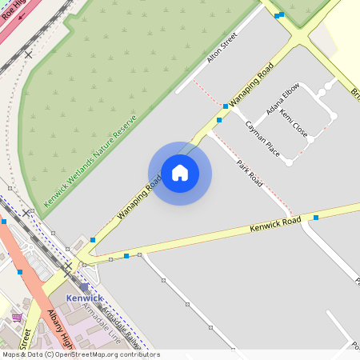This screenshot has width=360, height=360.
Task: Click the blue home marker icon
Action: click(x=180, y=173)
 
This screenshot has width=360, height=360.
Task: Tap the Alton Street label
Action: click(x=223, y=49)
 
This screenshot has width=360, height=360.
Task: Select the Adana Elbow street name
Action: click(x=284, y=98)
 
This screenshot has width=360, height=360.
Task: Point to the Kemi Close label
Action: click(x=294, y=123)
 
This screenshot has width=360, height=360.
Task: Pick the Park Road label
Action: click(x=250, y=174)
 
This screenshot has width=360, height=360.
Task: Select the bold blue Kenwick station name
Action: click(x=85, y=298)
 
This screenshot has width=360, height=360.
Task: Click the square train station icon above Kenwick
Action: click(x=84, y=286)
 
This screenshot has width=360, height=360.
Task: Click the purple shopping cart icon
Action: click(x=17, y=317)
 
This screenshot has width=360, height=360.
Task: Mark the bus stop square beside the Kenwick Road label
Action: click(x=316, y=217)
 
